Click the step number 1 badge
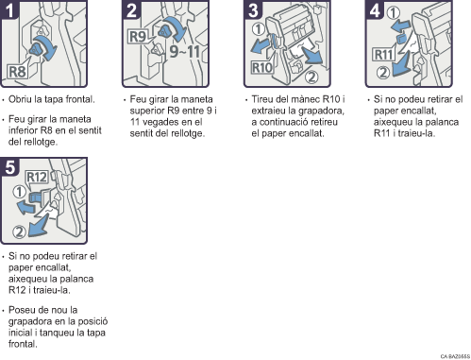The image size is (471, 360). click(x=9, y=10)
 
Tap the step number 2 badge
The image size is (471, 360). click(x=131, y=10)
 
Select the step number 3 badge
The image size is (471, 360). click(x=253, y=10)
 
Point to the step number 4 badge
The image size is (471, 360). click(x=375, y=10)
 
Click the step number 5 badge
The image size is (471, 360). click(x=9, y=166)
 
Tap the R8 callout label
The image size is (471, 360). click(x=17, y=72)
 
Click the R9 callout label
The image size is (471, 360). click(x=138, y=37)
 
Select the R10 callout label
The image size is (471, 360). click(x=262, y=67)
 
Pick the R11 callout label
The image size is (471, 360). click(x=383, y=55)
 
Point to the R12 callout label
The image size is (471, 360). click(x=37, y=177)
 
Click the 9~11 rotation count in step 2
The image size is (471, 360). click(x=185, y=51)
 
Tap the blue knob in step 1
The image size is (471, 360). click(x=35, y=50)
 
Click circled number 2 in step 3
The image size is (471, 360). click(x=311, y=77)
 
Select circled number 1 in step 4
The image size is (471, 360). click(x=393, y=12)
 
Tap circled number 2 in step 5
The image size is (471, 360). click(x=19, y=232)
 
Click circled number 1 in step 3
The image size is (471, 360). click(x=259, y=29)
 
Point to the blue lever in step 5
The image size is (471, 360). click(x=34, y=197)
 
